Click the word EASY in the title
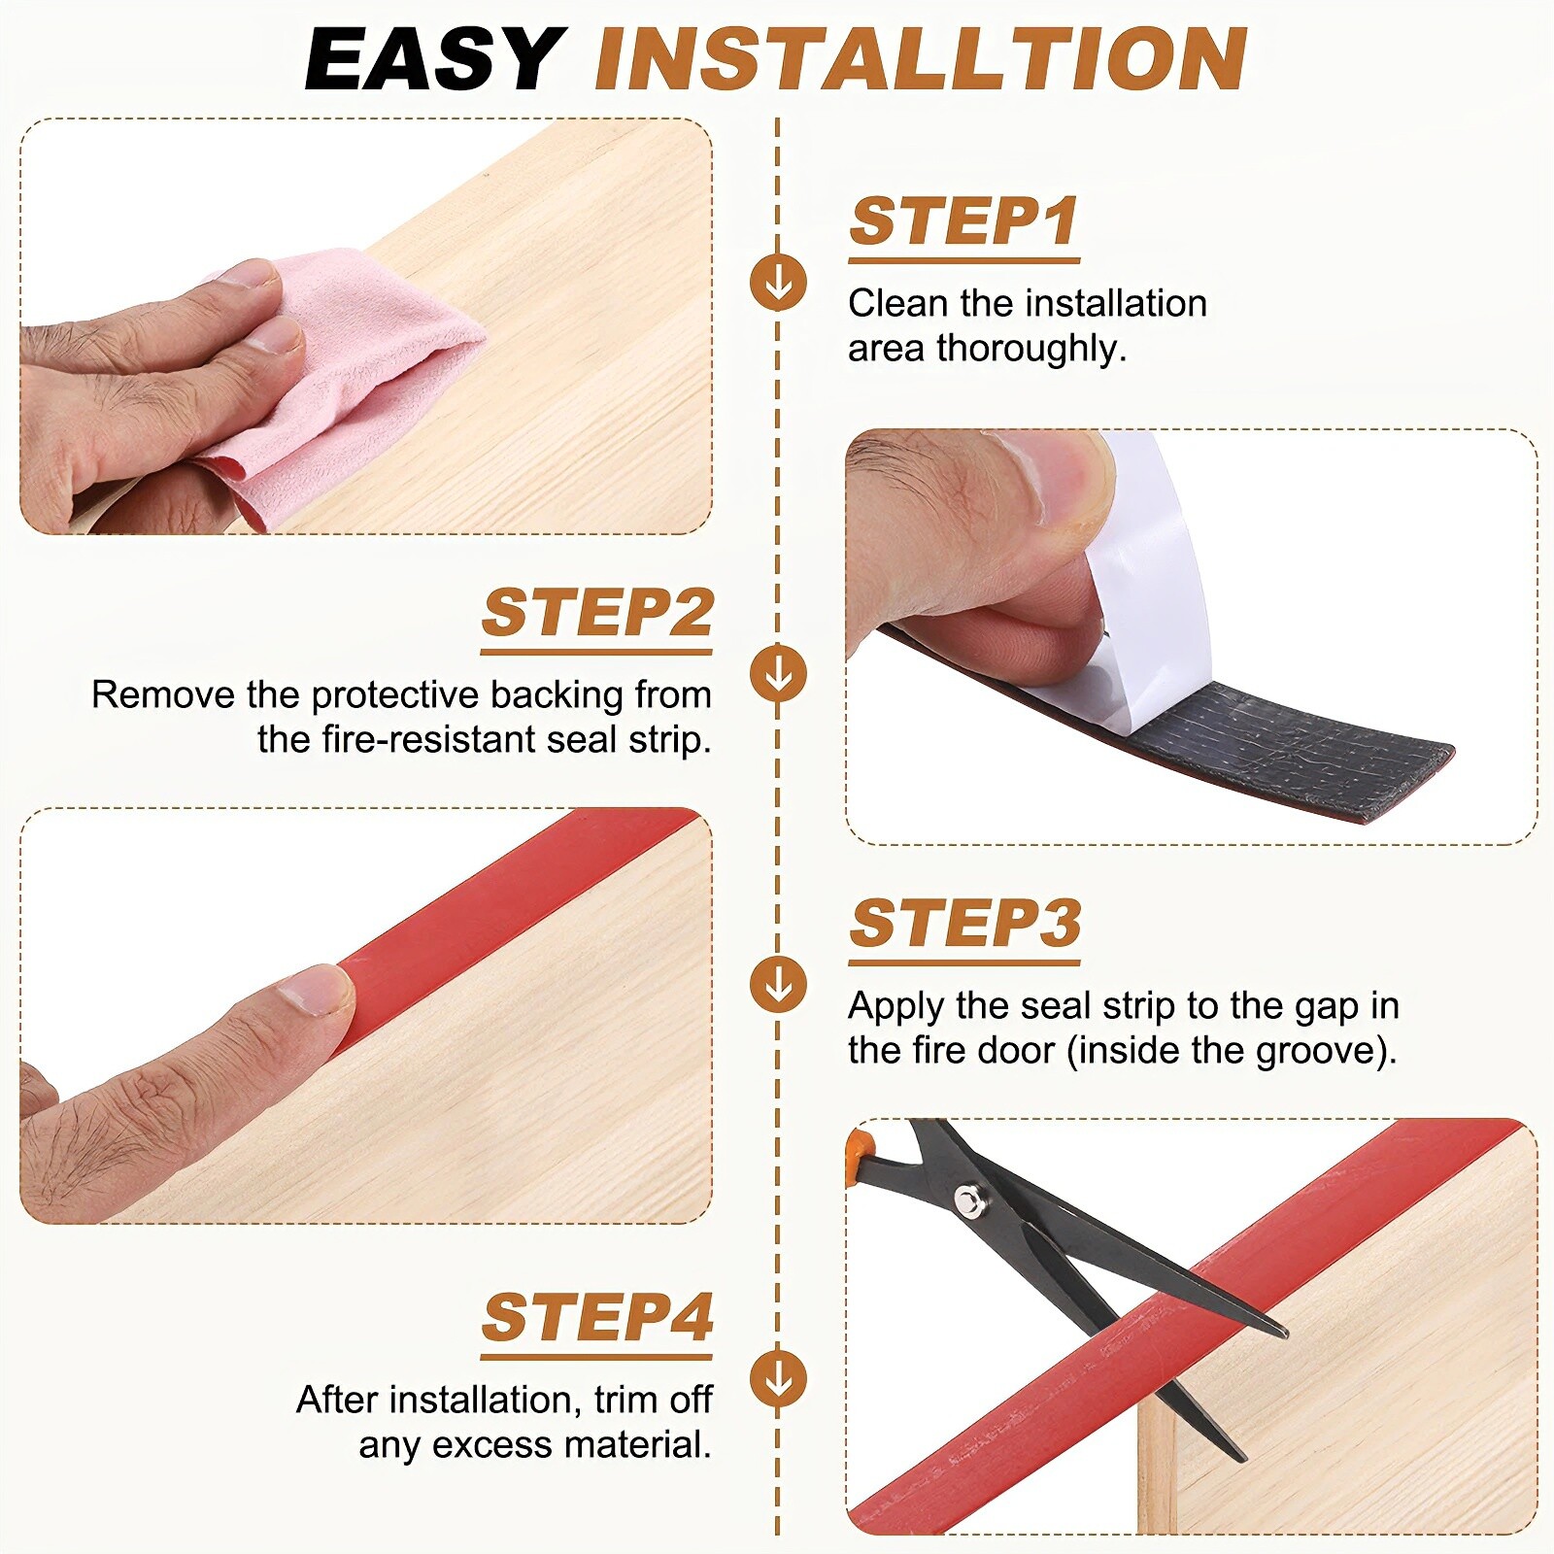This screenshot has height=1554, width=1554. [x=434, y=60]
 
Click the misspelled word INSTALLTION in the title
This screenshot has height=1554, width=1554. [x=920, y=60]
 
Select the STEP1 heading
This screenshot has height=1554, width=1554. [x=963, y=221]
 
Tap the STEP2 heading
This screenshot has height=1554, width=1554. [x=597, y=613]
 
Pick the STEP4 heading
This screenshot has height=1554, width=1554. [x=597, y=1317]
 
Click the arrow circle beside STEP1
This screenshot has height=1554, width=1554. [x=778, y=283]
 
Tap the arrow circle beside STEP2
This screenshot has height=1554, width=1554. [x=778, y=673]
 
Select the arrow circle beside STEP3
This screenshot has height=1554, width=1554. [x=778, y=984]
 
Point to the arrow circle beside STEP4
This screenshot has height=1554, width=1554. [x=778, y=1377]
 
